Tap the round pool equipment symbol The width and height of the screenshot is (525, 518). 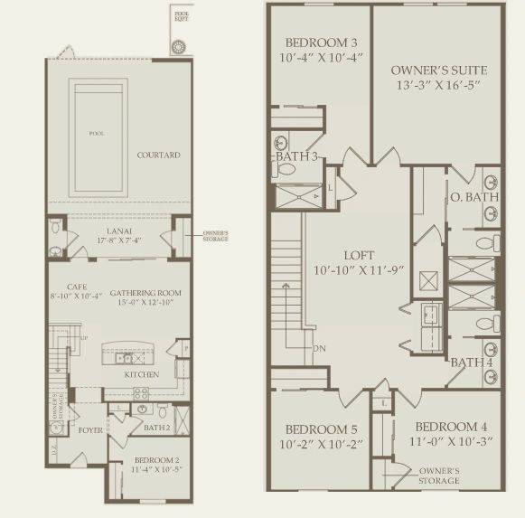[x=178, y=46]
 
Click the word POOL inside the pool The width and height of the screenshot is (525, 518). [x=96, y=134]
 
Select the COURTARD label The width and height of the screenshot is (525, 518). [x=158, y=155]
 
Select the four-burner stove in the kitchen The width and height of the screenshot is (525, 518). [x=142, y=392]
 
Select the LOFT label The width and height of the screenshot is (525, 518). [x=360, y=256]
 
